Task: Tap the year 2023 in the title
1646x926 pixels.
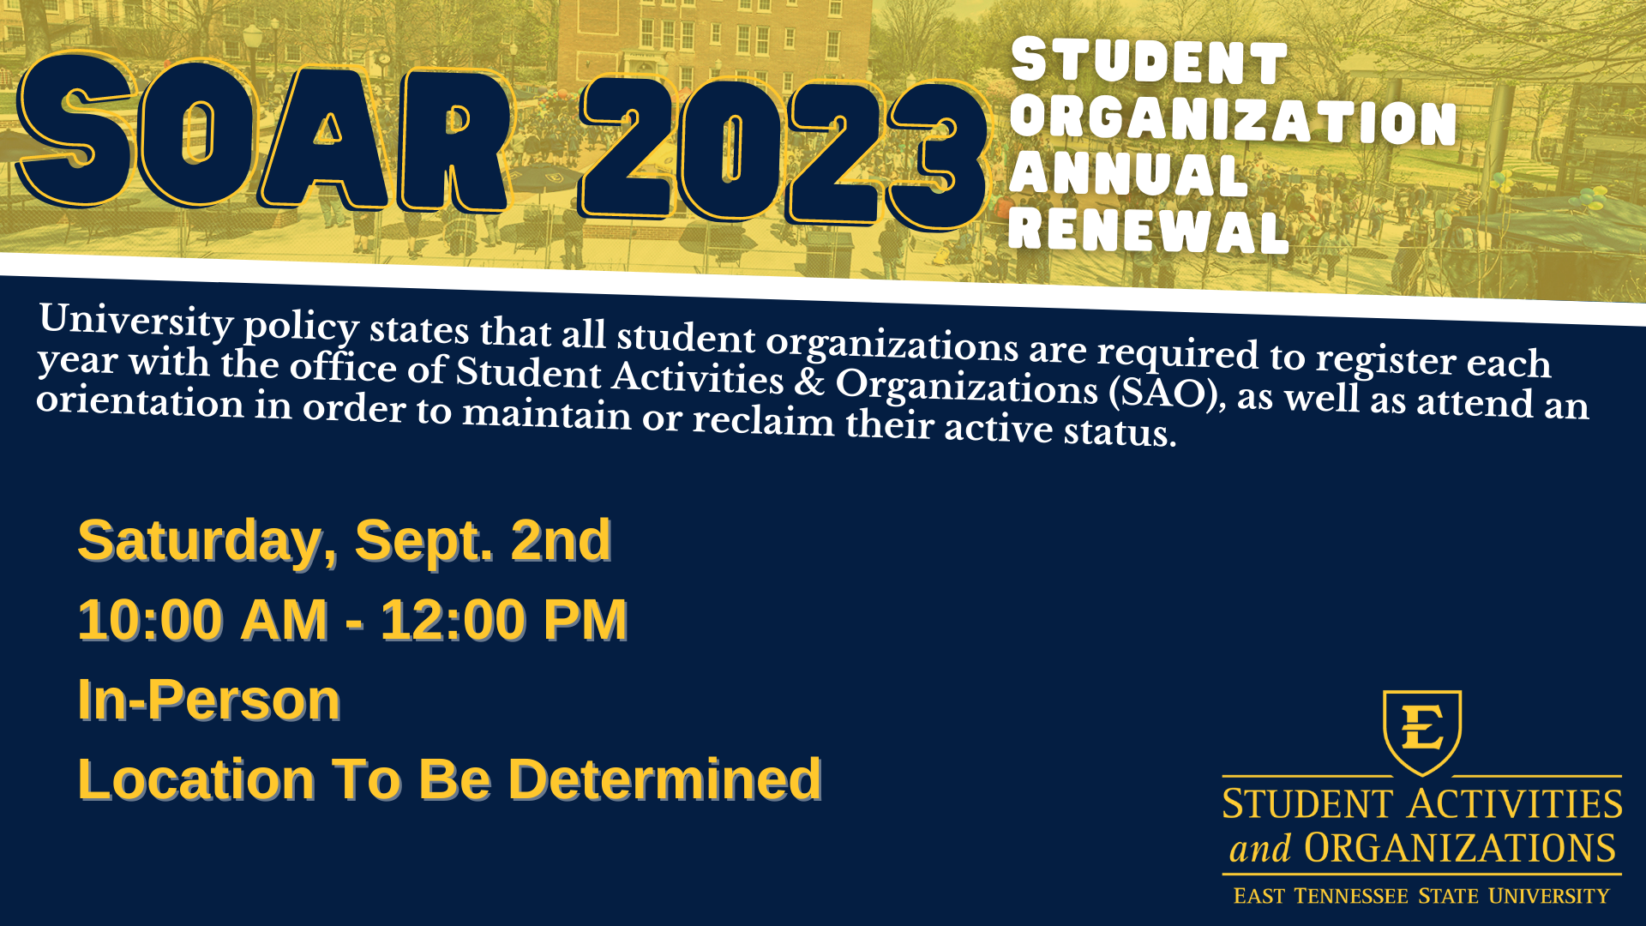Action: (x=784, y=153)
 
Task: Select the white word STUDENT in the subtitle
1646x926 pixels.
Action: (x=1149, y=62)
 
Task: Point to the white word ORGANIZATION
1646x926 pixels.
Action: (x=1234, y=121)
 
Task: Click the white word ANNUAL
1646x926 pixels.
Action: (x=1128, y=175)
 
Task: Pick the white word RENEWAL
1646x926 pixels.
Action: (x=1149, y=229)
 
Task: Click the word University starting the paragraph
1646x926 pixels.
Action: (x=136, y=321)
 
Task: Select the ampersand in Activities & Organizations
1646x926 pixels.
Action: (x=809, y=381)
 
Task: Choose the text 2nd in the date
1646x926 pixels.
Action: (x=561, y=540)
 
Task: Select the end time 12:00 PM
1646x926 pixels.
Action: (x=504, y=620)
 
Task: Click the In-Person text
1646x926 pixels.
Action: (x=209, y=700)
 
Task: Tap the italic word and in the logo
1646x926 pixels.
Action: (x=1260, y=849)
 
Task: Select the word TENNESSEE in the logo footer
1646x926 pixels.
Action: (x=1351, y=896)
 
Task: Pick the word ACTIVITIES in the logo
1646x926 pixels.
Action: (x=1516, y=804)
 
